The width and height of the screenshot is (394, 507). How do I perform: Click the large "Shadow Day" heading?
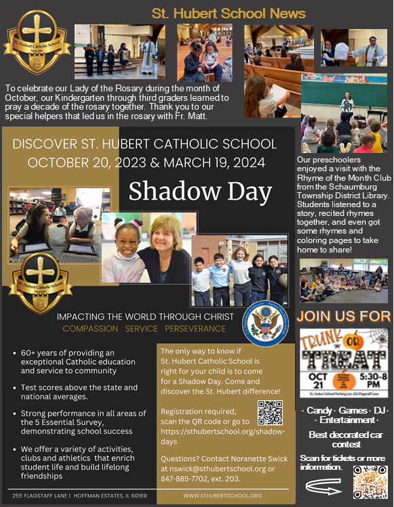200,191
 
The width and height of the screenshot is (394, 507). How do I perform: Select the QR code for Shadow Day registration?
271,413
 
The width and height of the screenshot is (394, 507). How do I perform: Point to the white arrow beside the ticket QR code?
325,485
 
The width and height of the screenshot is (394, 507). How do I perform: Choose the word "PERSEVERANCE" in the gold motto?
193,329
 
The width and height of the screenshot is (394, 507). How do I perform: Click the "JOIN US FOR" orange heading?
344,315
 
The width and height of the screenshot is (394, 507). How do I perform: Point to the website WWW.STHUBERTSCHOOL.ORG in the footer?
222,495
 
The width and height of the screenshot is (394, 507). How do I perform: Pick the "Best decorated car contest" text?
344,435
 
